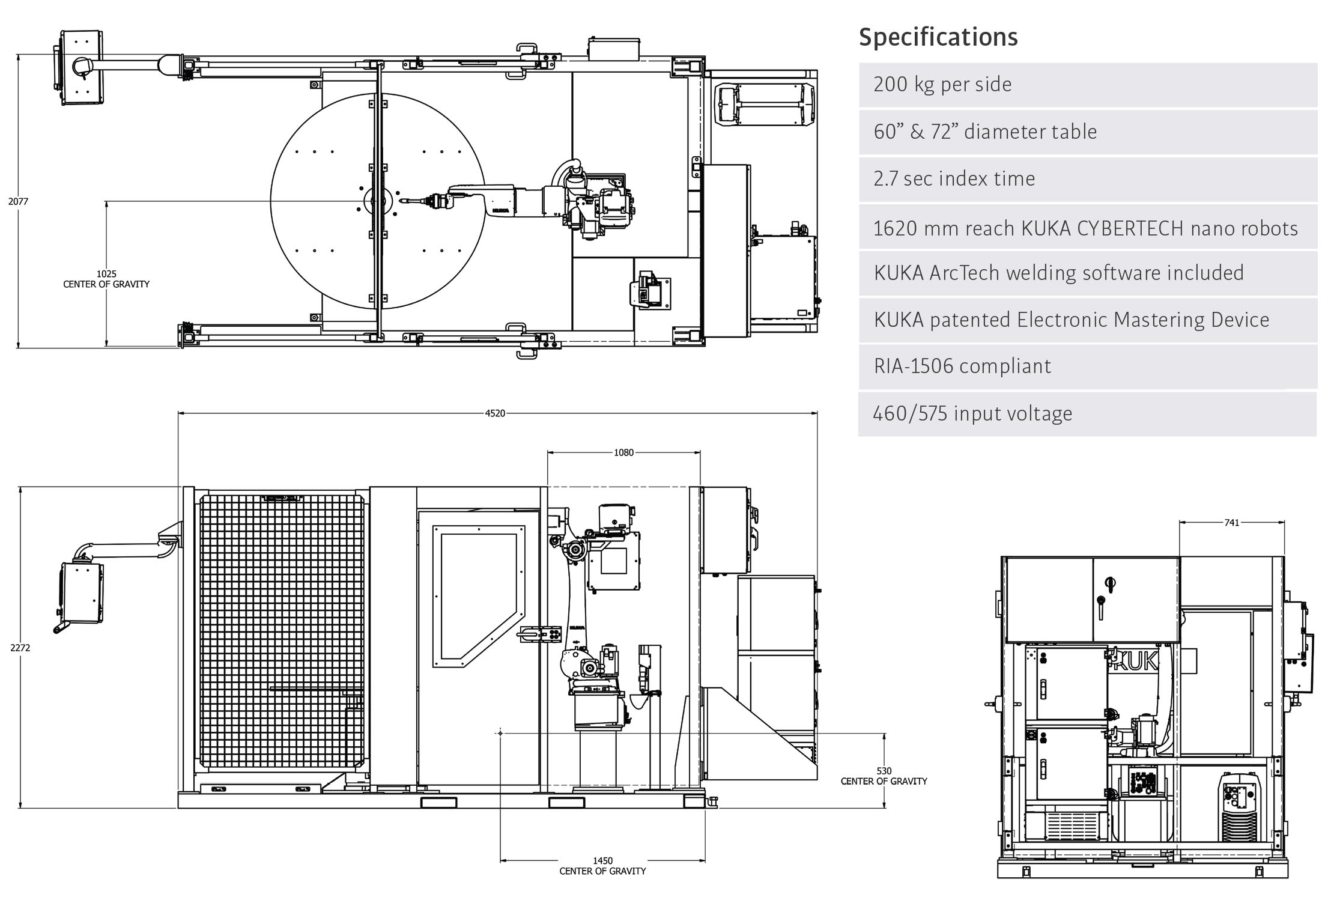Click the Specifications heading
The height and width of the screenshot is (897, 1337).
pos(938,37)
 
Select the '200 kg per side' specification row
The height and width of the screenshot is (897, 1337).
pos(1087,85)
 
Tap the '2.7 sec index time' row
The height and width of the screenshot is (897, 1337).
pos(1087,179)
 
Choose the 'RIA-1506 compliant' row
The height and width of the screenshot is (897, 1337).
pos(1087,366)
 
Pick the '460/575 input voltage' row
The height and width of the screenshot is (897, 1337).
pos(1087,414)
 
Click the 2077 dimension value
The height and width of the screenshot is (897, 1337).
pos(18,202)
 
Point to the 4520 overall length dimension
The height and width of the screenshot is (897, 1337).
pos(495,413)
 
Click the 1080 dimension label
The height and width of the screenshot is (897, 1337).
pos(623,452)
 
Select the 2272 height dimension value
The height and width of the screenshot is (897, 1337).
pos(20,648)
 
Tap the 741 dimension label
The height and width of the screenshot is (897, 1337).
pos(1231,523)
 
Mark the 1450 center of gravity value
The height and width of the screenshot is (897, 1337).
pos(602,861)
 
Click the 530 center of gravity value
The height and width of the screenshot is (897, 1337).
pos(884,771)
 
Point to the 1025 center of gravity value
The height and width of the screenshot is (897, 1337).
pos(106,274)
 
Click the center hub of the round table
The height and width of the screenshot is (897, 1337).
pos(378,201)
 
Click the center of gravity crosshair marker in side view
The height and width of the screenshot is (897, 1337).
pos(500,733)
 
